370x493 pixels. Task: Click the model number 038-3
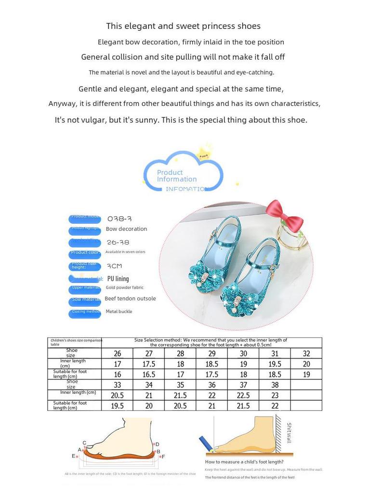point(119,219)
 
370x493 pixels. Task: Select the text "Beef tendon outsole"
point(130,298)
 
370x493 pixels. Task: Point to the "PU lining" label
point(118,279)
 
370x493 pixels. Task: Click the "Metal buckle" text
point(119,311)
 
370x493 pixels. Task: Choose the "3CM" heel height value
point(114,266)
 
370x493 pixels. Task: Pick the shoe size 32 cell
point(306,353)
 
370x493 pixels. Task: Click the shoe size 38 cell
point(275,385)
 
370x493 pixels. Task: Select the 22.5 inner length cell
point(243,395)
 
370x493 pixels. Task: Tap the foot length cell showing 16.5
point(149,374)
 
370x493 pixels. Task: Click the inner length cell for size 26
point(118,364)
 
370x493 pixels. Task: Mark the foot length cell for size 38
point(275,406)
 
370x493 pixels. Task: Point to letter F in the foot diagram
point(163,456)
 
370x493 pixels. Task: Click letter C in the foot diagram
point(84,443)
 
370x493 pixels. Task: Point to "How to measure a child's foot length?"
point(244,462)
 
